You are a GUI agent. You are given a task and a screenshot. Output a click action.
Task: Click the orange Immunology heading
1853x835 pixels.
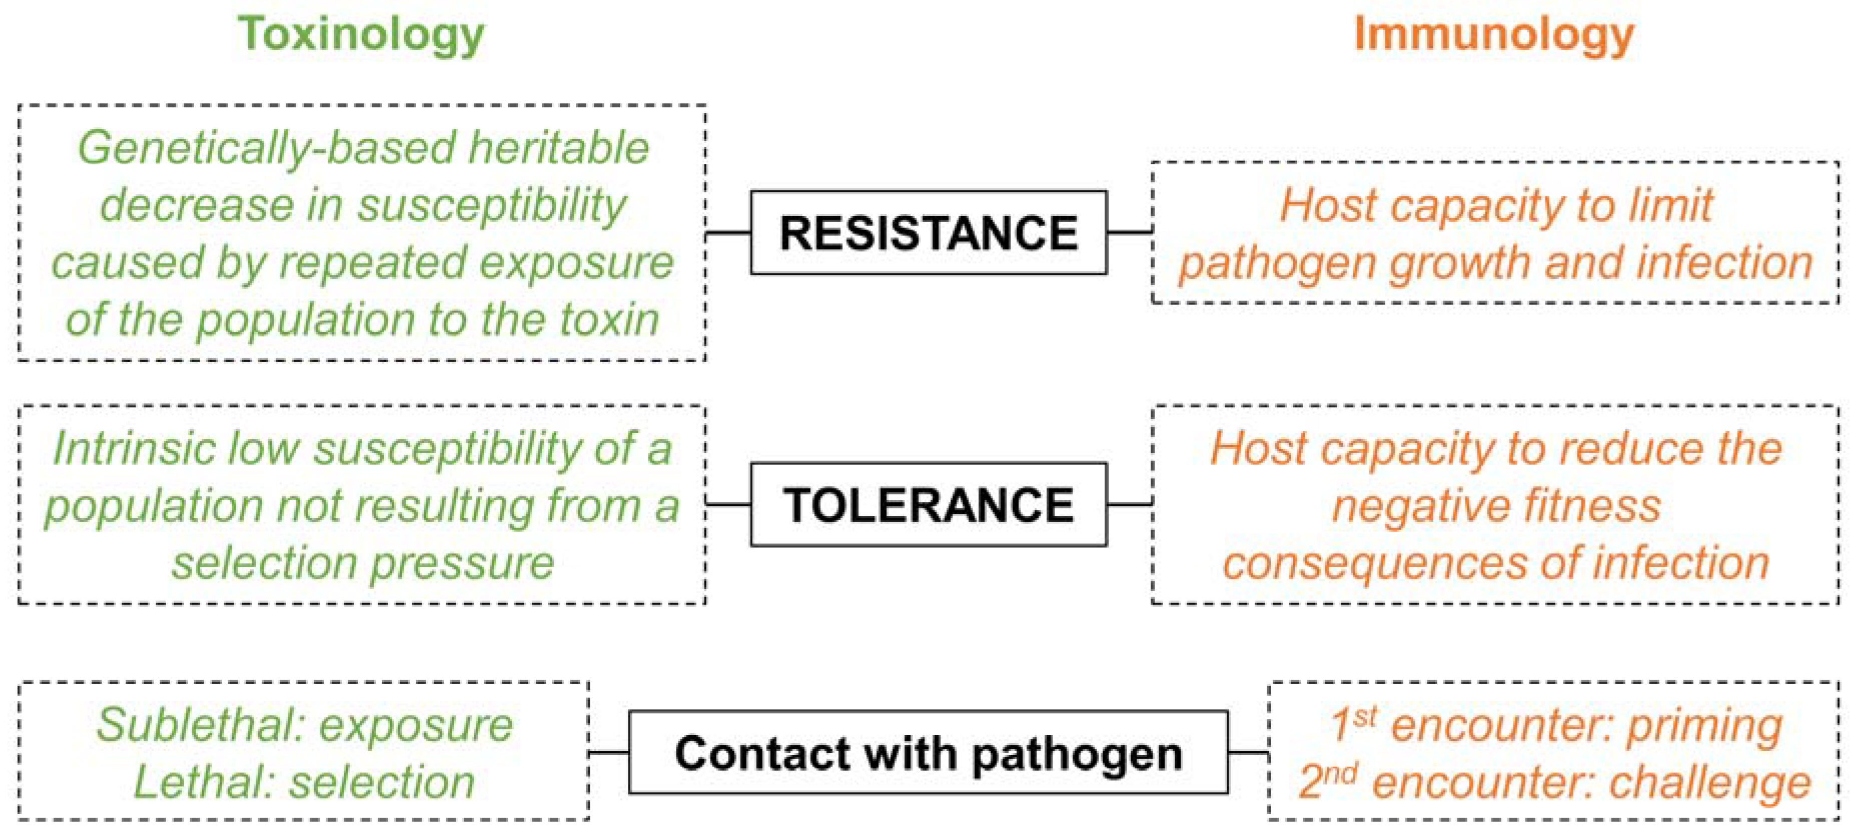point(1494,35)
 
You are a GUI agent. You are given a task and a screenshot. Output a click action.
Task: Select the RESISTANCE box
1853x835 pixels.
point(928,232)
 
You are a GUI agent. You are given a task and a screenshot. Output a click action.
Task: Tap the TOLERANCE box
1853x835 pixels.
point(928,504)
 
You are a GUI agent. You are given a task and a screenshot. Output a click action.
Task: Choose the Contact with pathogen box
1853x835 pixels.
point(928,753)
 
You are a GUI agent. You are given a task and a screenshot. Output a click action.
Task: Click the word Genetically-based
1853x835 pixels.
point(267,149)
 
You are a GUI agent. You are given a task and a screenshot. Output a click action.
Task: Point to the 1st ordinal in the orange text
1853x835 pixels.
point(1352,723)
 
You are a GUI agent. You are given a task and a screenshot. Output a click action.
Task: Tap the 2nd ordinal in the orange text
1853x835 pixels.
point(1327,781)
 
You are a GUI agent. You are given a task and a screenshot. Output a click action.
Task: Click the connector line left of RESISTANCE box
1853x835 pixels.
point(728,232)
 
